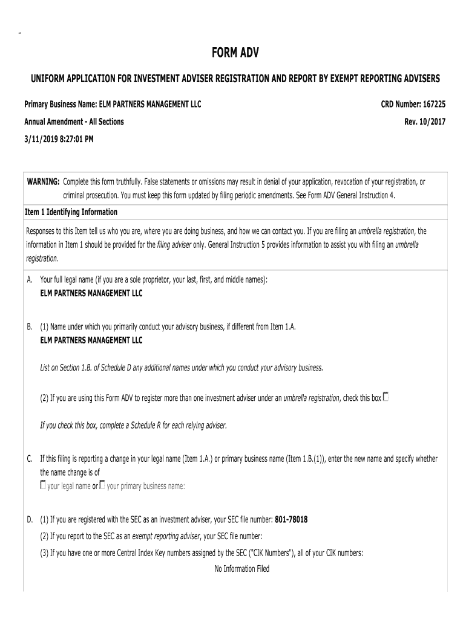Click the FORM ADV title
pos(235,54)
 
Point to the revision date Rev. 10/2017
pos(425,122)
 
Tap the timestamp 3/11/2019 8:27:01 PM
pos(59,138)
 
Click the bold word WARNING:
pos(43,182)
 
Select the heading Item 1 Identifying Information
pos(71,212)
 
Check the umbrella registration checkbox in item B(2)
pos(386,397)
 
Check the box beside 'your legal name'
pos(43,485)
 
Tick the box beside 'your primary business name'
pos(102,485)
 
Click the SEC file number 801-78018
pos(291,520)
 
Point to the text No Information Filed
pos(241,569)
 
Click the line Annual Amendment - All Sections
pos(74,122)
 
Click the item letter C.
pos(30,459)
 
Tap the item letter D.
pos(30,520)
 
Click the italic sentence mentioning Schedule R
pos(133,425)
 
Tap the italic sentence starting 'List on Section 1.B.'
pos(182,368)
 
